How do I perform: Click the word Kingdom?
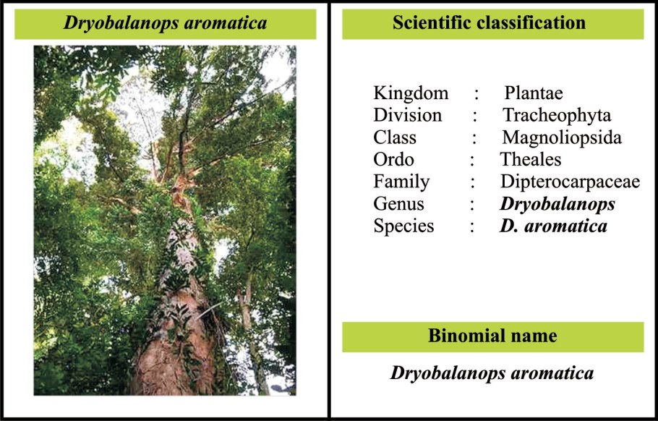[411, 93]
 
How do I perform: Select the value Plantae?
[534, 93]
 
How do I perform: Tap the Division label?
[407, 115]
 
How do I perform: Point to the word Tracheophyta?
[557, 115]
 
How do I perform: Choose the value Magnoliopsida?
[562, 137]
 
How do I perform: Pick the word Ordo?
[393, 159]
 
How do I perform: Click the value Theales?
[531, 159]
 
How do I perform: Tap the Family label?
[401, 182]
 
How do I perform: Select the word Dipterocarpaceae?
[570, 182]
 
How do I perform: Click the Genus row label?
[398, 204]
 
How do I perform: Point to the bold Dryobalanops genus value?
[557, 204]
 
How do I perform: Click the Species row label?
[403, 226]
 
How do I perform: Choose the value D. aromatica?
[553, 226]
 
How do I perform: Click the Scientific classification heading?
[489, 23]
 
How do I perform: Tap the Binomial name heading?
[492, 336]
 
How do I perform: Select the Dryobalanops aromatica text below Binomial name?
[492, 373]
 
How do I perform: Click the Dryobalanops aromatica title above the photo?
[166, 23]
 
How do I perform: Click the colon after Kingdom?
[477, 93]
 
